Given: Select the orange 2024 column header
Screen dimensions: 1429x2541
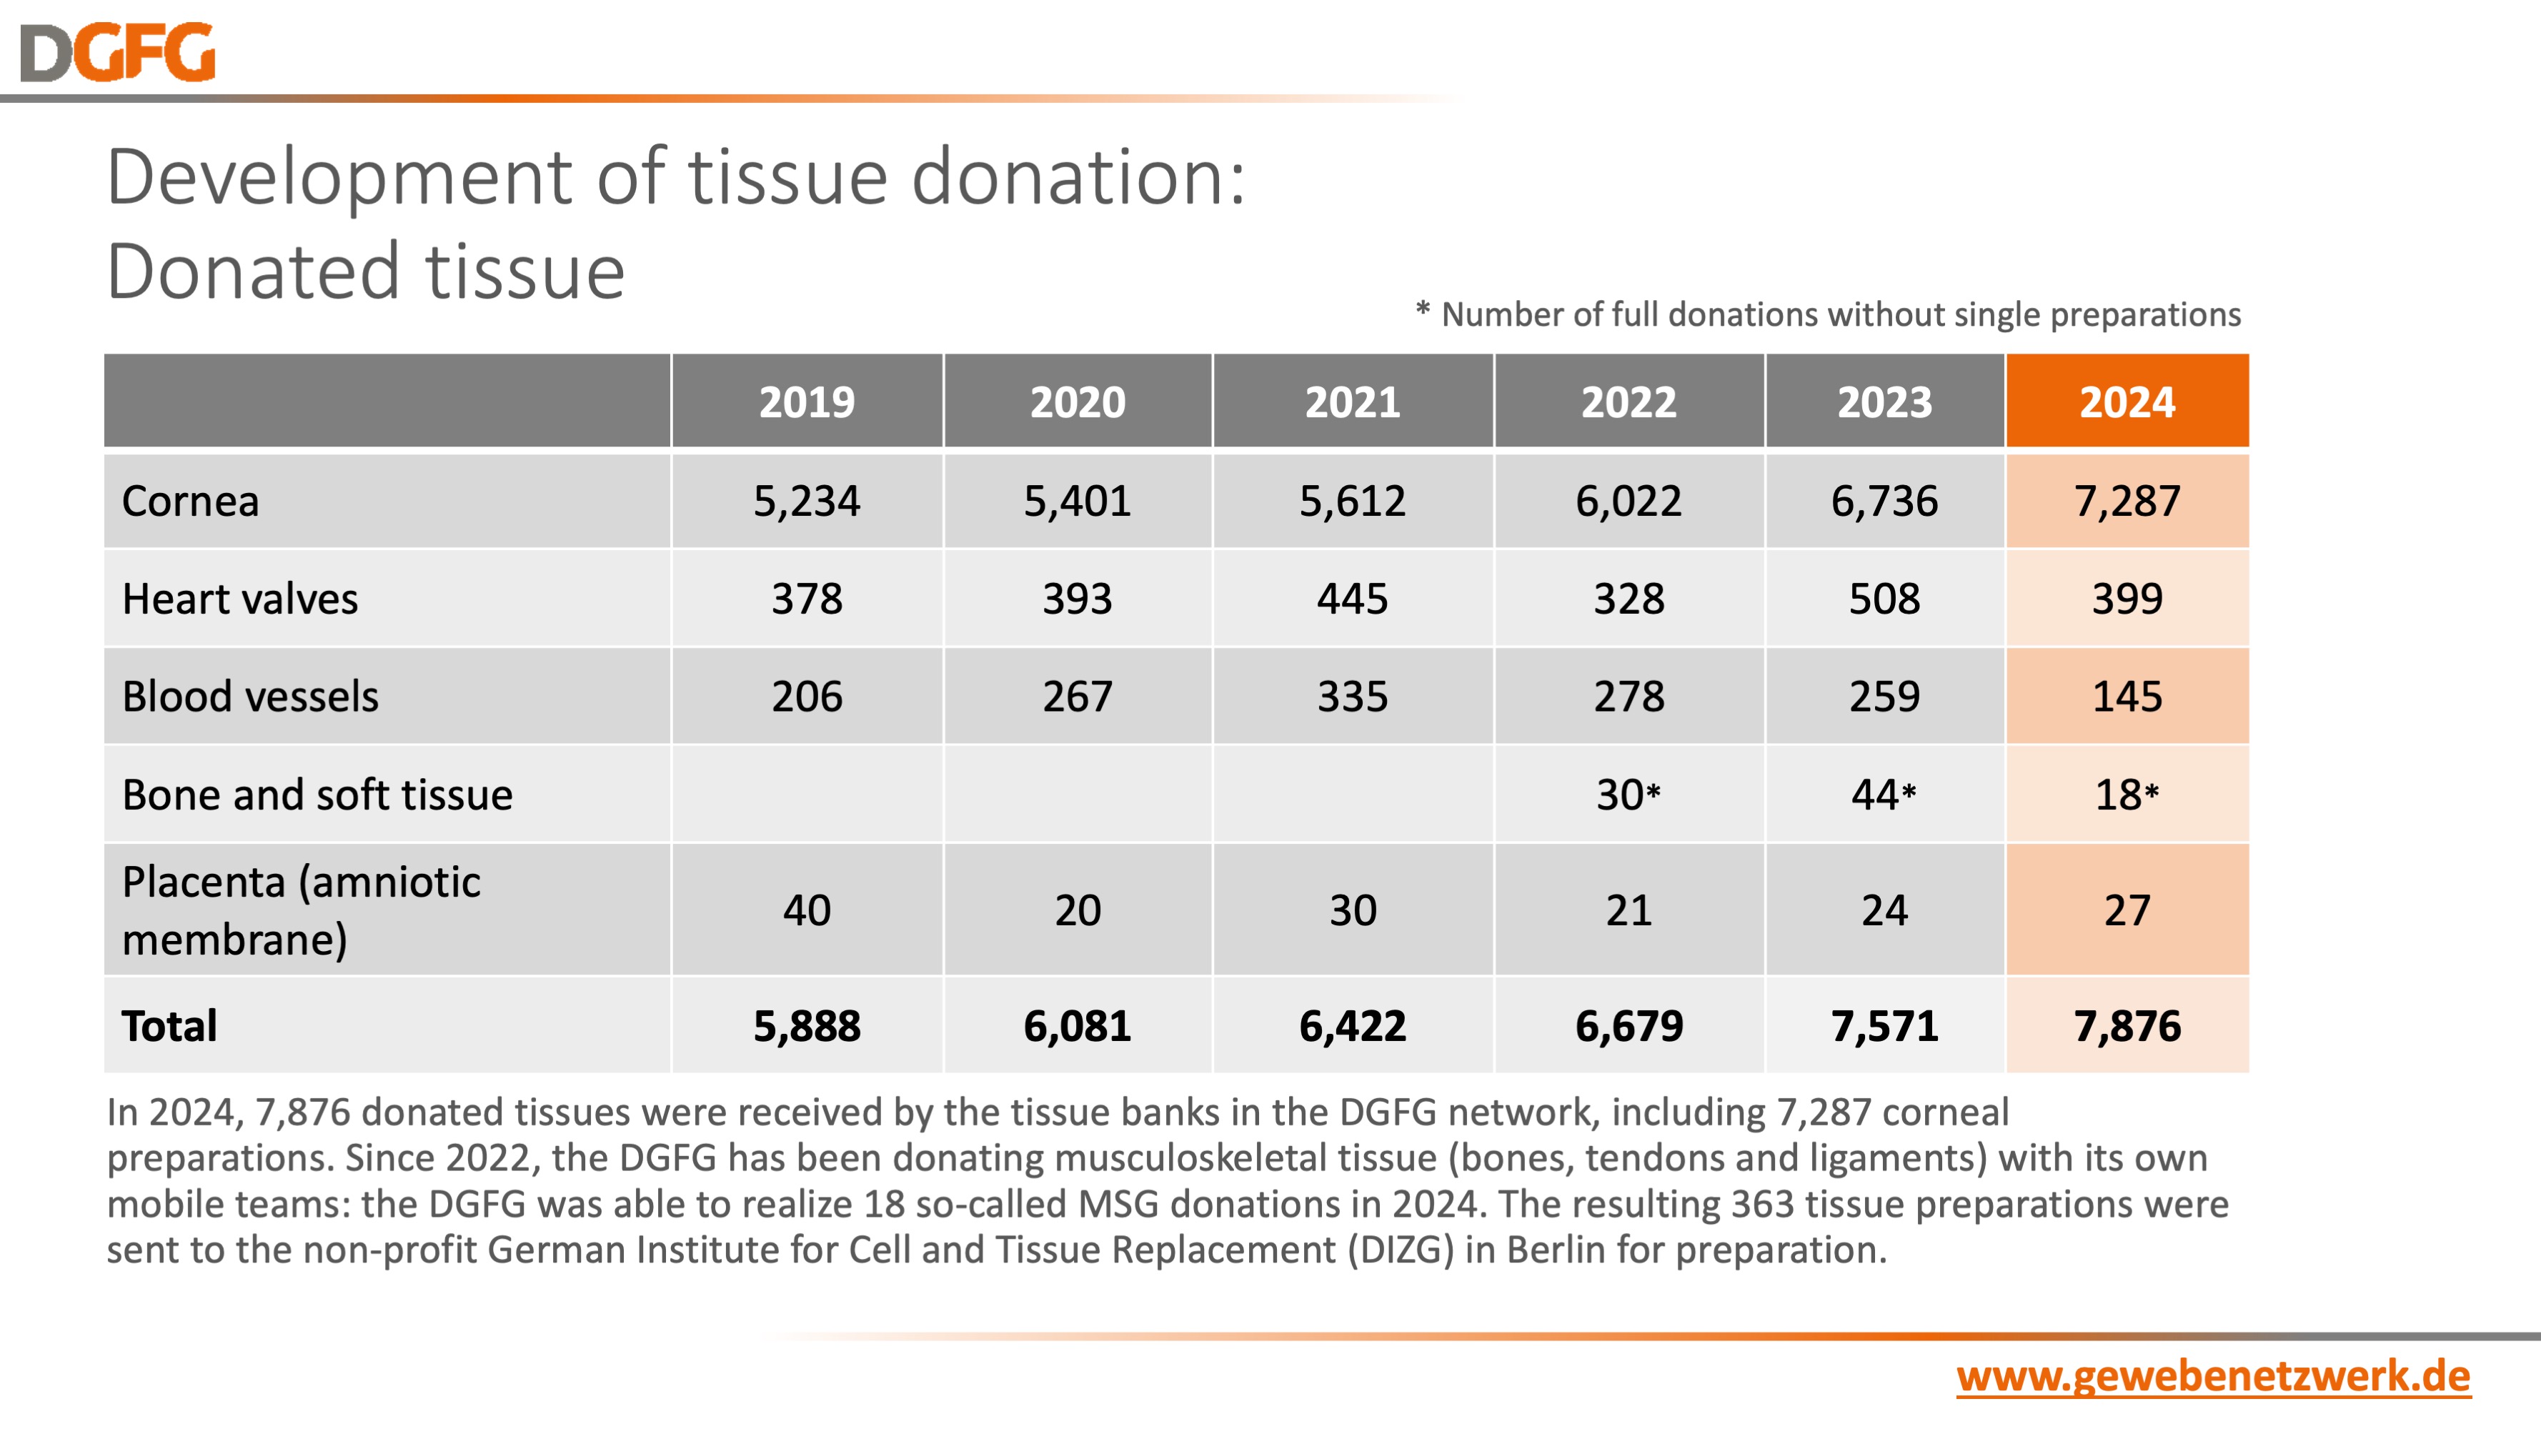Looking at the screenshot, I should tap(2127, 402).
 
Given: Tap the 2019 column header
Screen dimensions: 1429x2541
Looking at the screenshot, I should tap(806, 402).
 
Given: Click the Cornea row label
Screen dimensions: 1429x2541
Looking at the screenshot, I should tap(190, 501).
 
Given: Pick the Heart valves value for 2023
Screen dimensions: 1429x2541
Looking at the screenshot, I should tap(1884, 599).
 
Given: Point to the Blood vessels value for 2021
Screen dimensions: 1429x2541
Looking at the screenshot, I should tap(1353, 696).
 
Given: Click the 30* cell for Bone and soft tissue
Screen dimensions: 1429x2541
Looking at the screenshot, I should tap(1628, 794).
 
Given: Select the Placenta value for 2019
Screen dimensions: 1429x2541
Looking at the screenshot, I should tap(806, 910).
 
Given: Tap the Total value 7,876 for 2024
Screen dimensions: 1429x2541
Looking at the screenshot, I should tap(2127, 1025).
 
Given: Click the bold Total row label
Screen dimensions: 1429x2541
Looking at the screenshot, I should tap(169, 1025).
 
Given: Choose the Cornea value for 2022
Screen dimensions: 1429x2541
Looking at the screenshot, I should tap(1628, 501).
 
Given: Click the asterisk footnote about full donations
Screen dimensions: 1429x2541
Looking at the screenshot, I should tap(1828, 314).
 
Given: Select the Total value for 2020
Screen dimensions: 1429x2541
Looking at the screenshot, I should tap(1077, 1025).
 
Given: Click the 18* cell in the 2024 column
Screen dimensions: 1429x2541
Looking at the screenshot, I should tap(2127, 794).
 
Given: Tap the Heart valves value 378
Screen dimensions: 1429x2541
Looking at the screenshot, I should tap(806, 599).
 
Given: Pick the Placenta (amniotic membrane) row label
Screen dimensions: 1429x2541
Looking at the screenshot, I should tap(301, 910).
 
